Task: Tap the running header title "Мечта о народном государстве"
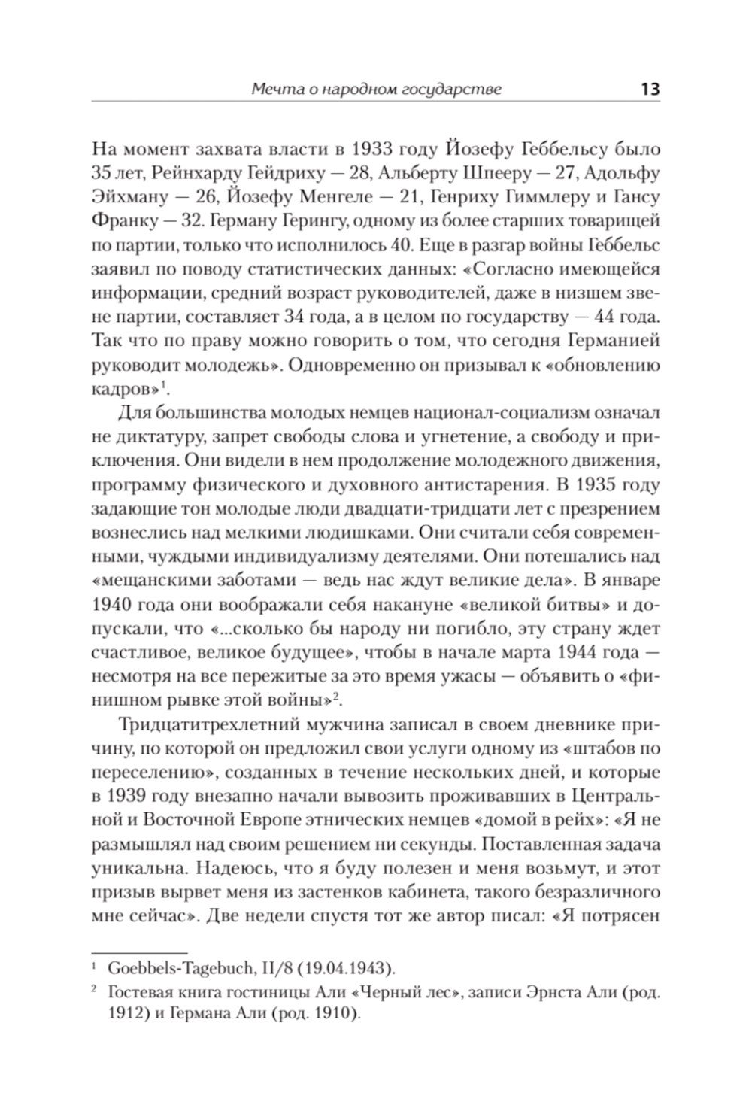point(376,90)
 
